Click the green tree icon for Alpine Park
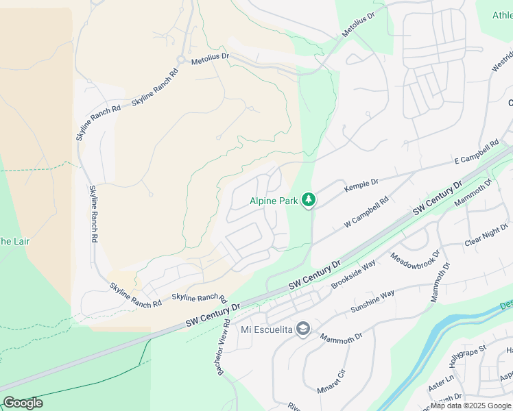[x=309, y=199]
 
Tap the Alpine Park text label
[x=274, y=201]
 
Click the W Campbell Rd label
[x=367, y=213]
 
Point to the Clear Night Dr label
[x=486, y=236]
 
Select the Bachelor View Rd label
[x=223, y=349]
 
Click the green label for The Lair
[x=14, y=241]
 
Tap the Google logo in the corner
[x=23, y=403]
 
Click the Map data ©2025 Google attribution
[x=470, y=406]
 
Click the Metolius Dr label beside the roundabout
[x=210, y=60]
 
